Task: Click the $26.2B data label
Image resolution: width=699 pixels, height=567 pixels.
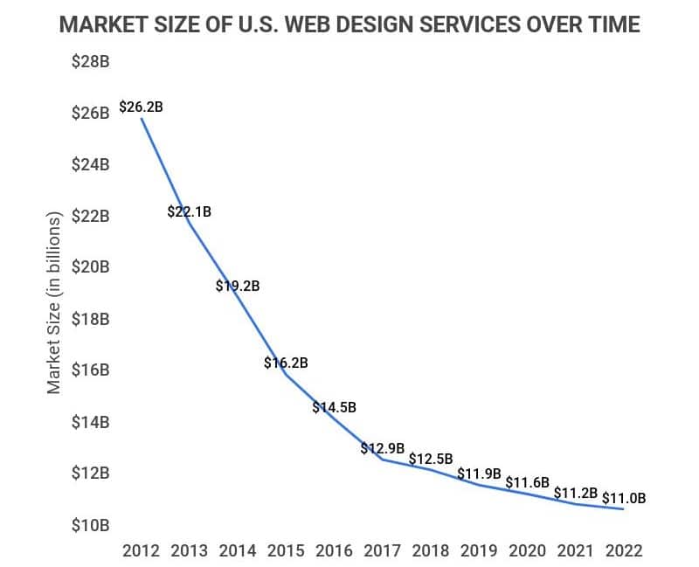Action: click(x=142, y=107)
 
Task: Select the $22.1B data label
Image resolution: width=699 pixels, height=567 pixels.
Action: click(x=190, y=211)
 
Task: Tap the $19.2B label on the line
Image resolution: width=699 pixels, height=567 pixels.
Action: click(x=238, y=285)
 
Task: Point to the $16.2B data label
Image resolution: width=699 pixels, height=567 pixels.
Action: click(x=287, y=363)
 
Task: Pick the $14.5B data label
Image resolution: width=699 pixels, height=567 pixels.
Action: click(x=335, y=407)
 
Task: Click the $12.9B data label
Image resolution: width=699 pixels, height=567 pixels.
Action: click(x=383, y=448)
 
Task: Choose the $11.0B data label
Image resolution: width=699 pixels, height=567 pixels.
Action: click(x=624, y=499)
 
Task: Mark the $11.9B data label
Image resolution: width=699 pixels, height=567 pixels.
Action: click(x=480, y=474)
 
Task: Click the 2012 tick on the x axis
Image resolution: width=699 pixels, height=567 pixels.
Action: click(x=142, y=550)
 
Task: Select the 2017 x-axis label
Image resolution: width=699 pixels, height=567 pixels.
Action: click(x=382, y=550)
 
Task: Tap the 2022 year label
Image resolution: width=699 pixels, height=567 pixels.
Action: click(x=623, y=550)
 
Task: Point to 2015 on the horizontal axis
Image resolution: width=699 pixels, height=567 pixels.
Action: click(x=286, y=550)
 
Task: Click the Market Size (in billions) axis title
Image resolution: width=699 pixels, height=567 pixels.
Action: click(x=55, y=301)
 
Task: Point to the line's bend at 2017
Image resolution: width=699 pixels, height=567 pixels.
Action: click(x=382, y=460)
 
